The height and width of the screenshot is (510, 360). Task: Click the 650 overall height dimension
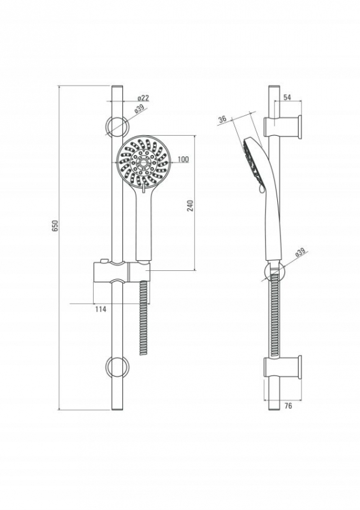coord(55,226)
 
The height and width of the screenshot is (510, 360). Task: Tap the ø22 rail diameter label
coord(143,98)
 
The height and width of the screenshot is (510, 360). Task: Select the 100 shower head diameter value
coord(184,159)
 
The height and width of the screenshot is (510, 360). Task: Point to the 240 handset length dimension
coord(191,206)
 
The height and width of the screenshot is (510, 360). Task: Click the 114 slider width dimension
coord(101,309)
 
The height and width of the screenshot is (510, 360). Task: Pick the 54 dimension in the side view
coord(287,98)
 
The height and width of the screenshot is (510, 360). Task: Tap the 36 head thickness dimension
coord(222,119)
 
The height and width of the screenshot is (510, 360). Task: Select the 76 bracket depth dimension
coord(288,405)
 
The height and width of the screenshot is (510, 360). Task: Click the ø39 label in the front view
coord(139,108)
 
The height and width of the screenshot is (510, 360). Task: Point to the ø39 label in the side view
coord(300,252)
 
